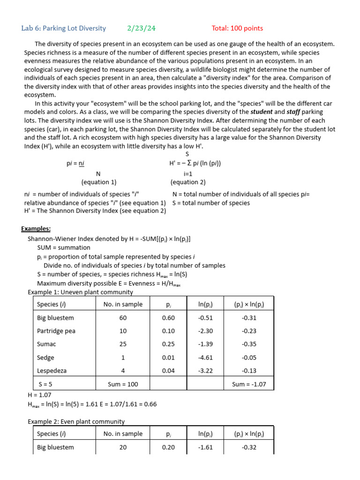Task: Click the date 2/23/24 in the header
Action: pyautogui.click(x=141, y=29)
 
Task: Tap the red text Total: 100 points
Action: pyautogui.click(x=237, y=29)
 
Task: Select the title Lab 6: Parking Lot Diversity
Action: pyautogui.click(x=64, y=29)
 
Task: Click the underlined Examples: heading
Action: pyautogui.click(x=36, y=229)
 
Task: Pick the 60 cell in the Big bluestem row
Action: pyautogui.click(x=123, y=318)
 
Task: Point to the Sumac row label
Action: pyautogui.click(x=46, y=344)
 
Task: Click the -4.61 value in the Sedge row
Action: pyautogui.click(x=205, y=357)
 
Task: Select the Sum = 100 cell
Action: pyautogui.click(x=123, y=384)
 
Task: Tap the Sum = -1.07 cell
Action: pyautogui.click(x=249, y=384)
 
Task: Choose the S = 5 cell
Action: pyautogui.click(x=46, y=384)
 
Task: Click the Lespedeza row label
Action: pyautogui.click(x=52, y=370)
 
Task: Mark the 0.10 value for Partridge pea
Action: pyautogui.click(x=168, y=331)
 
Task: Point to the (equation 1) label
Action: pyautogui.click(x=99, y=182)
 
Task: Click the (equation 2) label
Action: pyautogui.click(x=188, y=182)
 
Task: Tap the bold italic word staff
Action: pyautogui.click(x=294, y=112)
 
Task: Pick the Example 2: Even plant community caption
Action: pyautogui.click(x=76, y=421)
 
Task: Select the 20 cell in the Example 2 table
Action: pyautogui.click(x=123, y=447)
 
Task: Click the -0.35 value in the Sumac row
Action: pyautogui.click(x=249, y=344)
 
